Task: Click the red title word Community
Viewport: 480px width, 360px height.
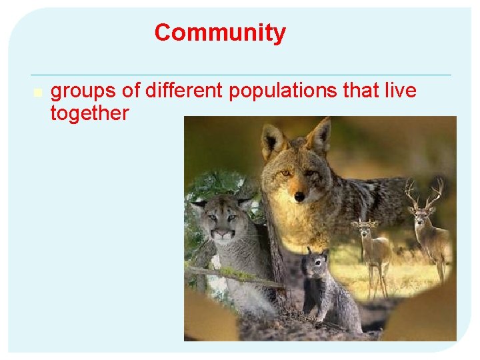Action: (x=220, y=33)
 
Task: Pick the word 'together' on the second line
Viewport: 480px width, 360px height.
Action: (x=89, y=113)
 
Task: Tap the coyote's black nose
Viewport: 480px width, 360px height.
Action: (x=300, y=197)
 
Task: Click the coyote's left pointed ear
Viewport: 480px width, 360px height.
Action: (x=271, y=138)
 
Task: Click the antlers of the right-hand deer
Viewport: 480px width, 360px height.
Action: (x=424, y=193)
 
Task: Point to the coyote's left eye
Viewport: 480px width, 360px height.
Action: (x=286, y=173)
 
